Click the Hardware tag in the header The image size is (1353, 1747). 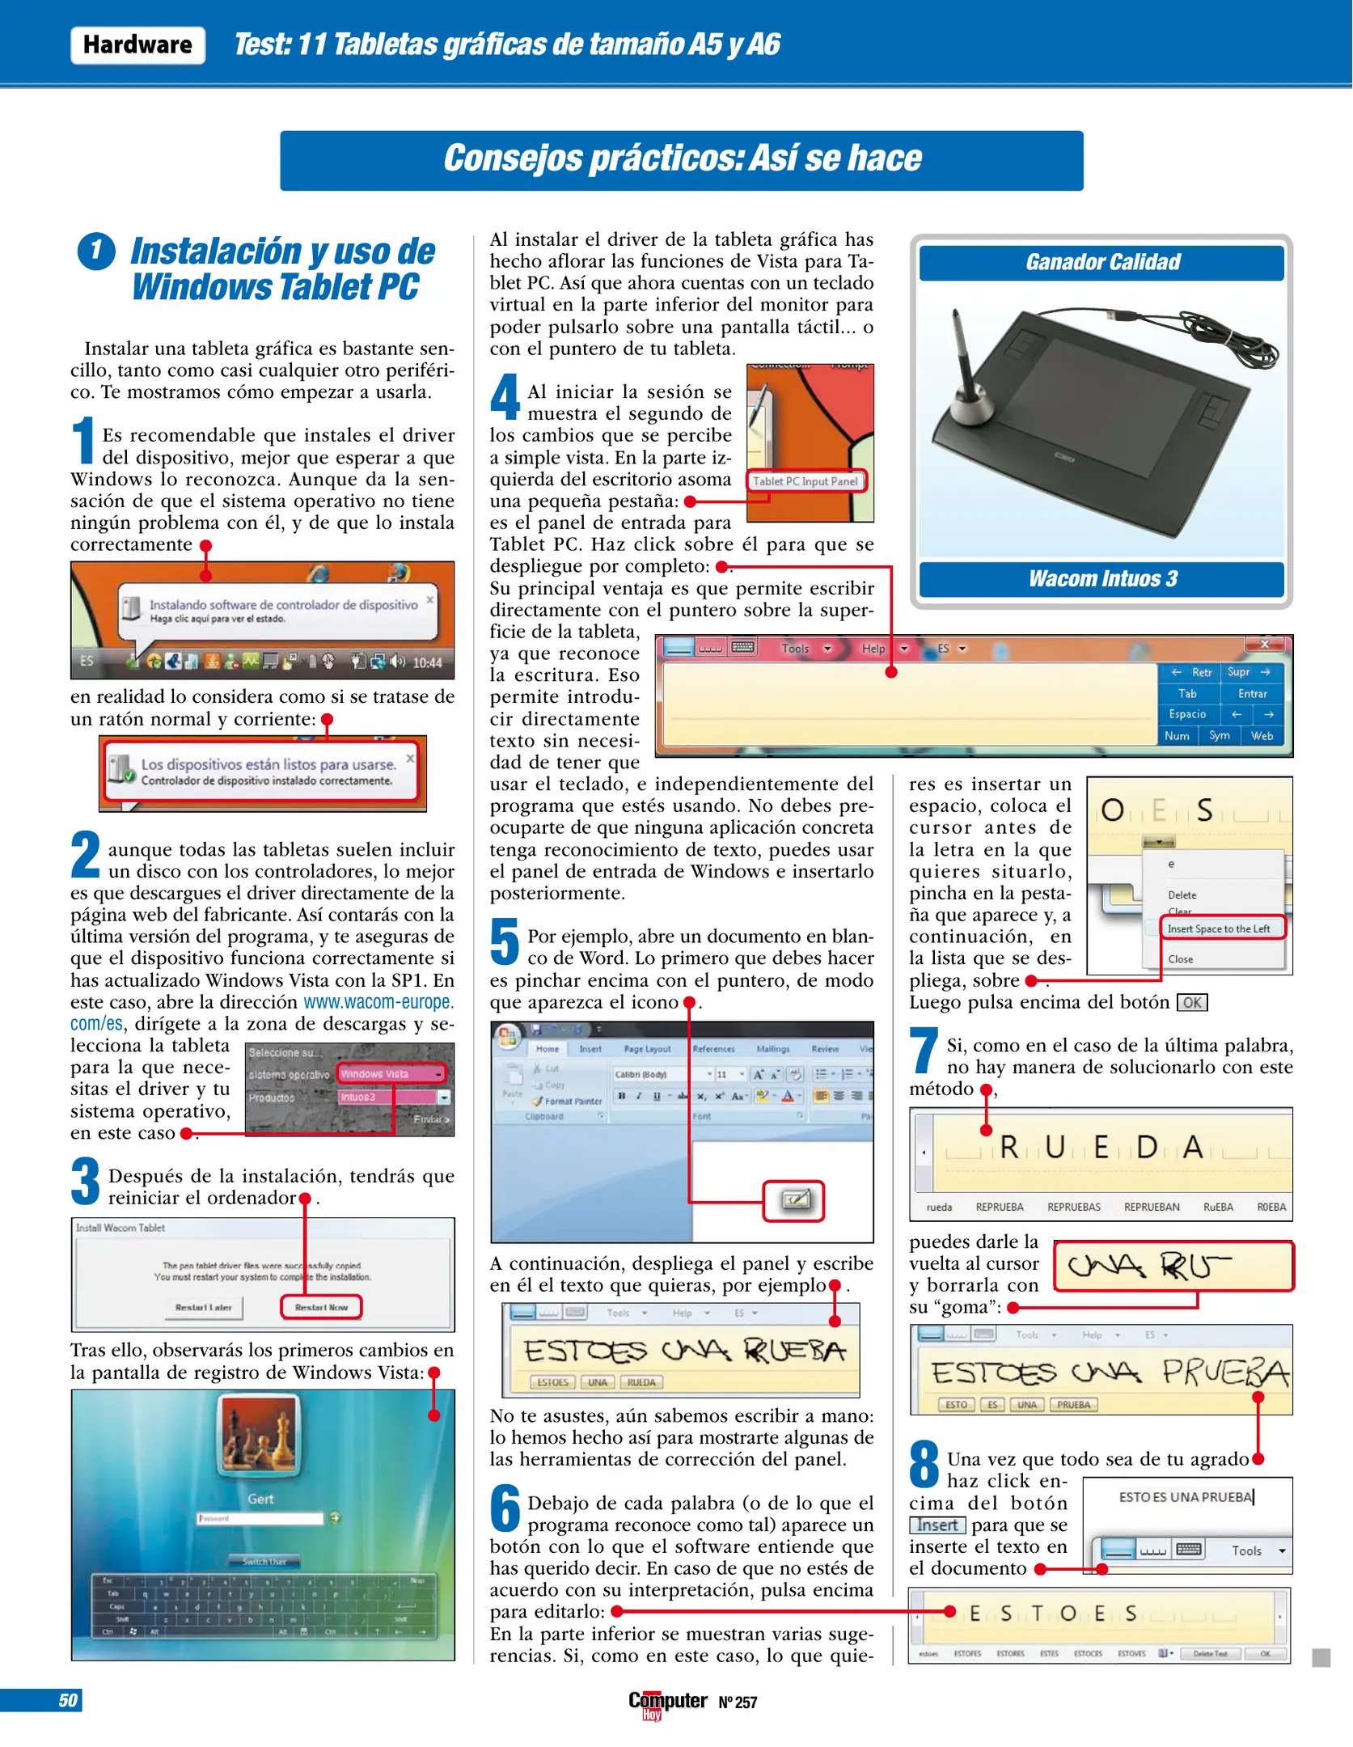tap(137, 44)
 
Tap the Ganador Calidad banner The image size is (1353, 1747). tap(1101, 263)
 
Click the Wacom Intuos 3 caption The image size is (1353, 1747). tap(1101, 579)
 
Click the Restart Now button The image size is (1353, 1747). tap(321, 1307)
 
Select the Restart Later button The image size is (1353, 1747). tap(203, 1307)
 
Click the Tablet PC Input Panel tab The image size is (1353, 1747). tap(805, 481)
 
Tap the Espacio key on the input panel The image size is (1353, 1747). tap(1186, 714)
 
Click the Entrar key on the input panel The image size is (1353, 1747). tap(1252, 693)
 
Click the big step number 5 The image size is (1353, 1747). tap(505, 942)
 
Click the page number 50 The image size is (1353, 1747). tap(68, 1700)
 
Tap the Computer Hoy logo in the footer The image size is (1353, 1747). tap(666, 1703)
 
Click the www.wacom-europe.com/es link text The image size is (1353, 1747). tap(378, 1002)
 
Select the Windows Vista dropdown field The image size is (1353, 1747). tap(391, 1074)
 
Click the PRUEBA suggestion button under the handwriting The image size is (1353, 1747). tap(1073, 1405)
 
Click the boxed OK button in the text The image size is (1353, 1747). tap(1191, 1003)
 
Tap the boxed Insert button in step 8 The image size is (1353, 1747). tap(937, 1525)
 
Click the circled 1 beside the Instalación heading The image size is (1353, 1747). tap(96, 251)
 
